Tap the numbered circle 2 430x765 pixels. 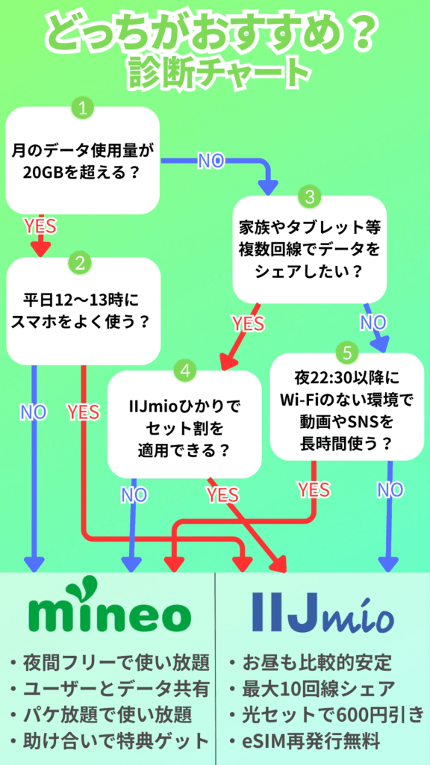coord(81,264)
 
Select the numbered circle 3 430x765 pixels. coord(309,196)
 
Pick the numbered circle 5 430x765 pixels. coord(347,353)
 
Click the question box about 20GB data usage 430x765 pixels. coord(82,161)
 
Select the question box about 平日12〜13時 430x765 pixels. coord(83,312)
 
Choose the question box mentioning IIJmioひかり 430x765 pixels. coord(184,424)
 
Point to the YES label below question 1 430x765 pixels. coord(40,226)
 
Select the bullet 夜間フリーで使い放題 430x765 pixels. coord(110,663)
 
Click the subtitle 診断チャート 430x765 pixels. coord(220,72)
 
